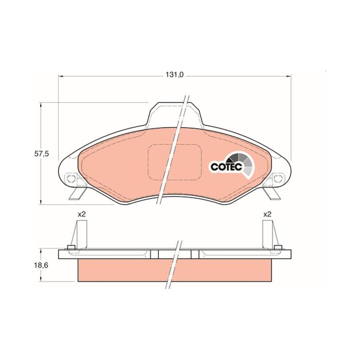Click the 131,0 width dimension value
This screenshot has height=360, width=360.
point(175,75)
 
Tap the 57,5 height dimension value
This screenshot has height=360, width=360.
point(41,154)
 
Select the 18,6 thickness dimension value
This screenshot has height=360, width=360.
point(41,265)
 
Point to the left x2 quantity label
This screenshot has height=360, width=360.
point(81,215)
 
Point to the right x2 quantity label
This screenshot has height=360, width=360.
point(267,215)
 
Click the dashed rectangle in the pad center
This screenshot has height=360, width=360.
point(175,162)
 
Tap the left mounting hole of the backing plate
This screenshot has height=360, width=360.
point(71,178)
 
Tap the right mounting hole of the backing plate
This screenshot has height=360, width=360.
point(278,178)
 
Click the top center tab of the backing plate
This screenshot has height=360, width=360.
point(175,114)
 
